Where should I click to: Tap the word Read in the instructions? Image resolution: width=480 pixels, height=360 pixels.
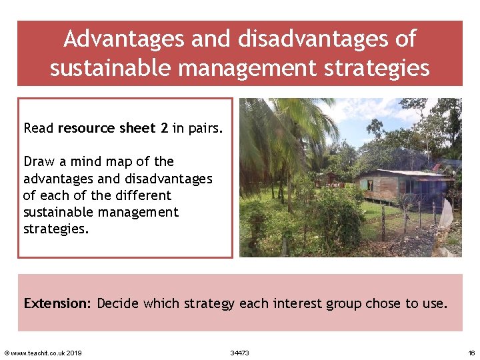click(39, 127)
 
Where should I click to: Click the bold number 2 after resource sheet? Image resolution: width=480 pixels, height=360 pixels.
click(164, 127)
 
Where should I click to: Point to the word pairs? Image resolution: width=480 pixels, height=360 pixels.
click(205, 127)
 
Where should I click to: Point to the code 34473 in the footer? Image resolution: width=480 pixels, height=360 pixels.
click(239, 353)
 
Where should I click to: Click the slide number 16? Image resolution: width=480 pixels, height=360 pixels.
click(471, 353)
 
